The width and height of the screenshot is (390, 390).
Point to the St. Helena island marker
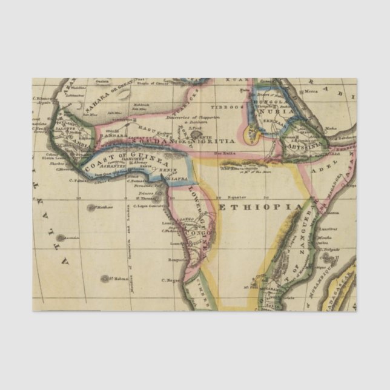104,279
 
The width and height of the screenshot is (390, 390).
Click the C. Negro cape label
171,280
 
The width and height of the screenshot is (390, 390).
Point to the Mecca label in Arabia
311,91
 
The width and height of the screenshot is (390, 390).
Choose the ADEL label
319,171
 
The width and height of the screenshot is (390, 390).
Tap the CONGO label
197,233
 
